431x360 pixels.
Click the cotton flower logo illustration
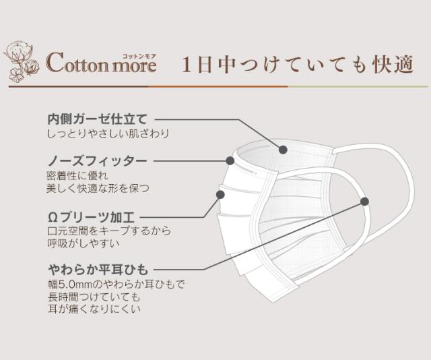click(21, 61)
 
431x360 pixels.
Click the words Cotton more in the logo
click(101, 63)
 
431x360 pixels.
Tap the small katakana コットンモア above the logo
click(139, 56)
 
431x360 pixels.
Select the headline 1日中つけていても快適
click(298, 65)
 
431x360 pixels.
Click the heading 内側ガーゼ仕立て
click(98, 119)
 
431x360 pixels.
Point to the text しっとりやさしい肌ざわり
click(108, 133)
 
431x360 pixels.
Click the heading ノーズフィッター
click(97, 161)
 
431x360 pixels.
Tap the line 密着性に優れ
click(77, 175)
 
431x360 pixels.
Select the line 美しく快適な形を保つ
click(98, 188)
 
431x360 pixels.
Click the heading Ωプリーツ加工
click(91, 218)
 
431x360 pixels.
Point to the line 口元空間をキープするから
click(109, 231)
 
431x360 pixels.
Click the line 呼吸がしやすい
click(84, 243)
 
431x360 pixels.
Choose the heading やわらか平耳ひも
click(98, 270)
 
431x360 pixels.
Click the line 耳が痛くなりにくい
click(94, 309)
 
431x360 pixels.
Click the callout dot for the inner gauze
click(283, 150)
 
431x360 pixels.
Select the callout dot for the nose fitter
click(230, 160)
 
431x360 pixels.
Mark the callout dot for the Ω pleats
click(220, 195)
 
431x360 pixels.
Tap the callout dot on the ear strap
click(364, 202)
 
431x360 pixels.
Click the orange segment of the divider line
click(218, 86)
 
